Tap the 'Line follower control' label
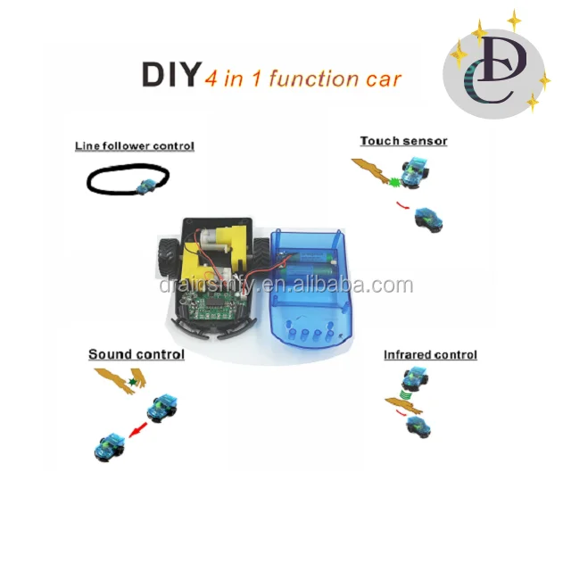click(x=135, y=145)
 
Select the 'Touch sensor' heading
click(x=403, y=141)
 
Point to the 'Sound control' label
click(x=137, y=354)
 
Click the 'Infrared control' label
click(x=430, y=354)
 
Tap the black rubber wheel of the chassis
click(x=166, y=255)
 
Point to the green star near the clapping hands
click(x=133, y=382)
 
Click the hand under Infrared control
click(x=403, y=405)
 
